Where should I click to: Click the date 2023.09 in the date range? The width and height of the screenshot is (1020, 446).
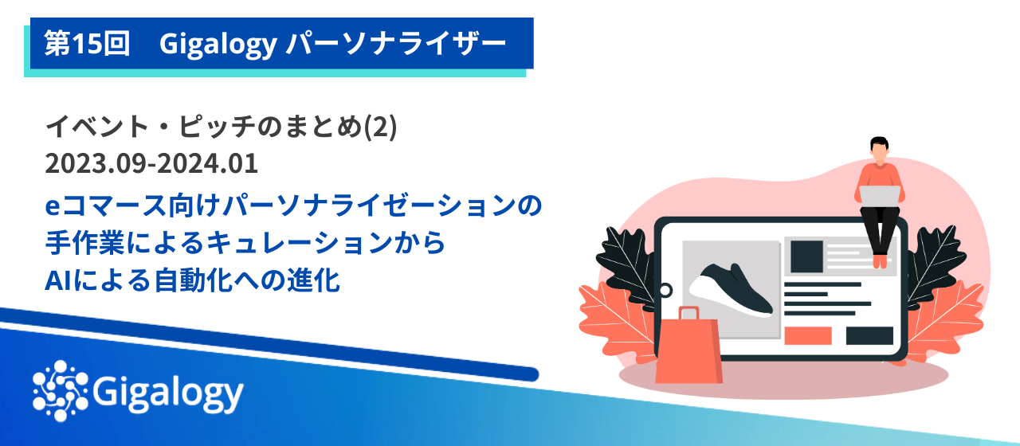click(94, 165)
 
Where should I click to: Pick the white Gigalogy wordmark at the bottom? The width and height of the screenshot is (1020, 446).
click(168, 391)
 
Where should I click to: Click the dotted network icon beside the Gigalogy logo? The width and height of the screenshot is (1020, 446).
click(61, 389)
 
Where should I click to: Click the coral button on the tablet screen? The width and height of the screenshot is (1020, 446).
click(807, 335)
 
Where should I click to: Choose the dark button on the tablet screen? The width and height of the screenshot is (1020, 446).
click(869, 335)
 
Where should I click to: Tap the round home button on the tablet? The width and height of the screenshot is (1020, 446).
click(666, 290)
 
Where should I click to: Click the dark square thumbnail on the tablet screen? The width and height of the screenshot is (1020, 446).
click(806, 255)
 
